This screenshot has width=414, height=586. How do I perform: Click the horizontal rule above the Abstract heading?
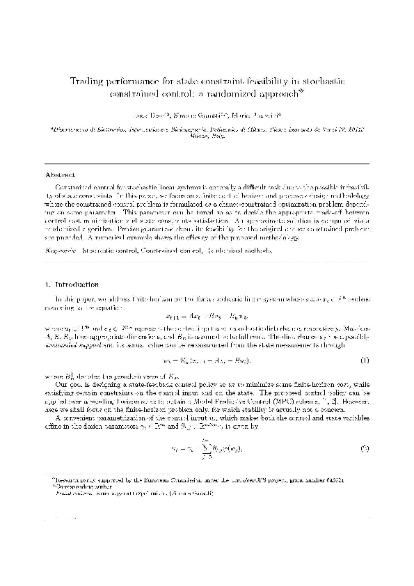(x=207, y=164)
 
